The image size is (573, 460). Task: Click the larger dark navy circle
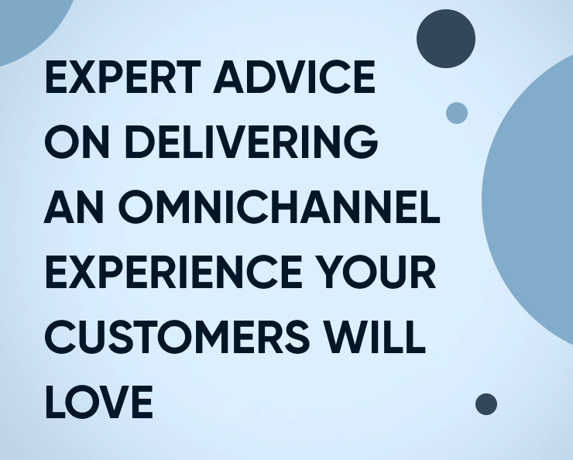pyautogui.click(x=445, y=38)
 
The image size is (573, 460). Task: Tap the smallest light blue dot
pyautogui.click(x=457, y=113)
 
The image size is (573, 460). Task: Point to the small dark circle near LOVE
pyautogui.click(x=486, y=404)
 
